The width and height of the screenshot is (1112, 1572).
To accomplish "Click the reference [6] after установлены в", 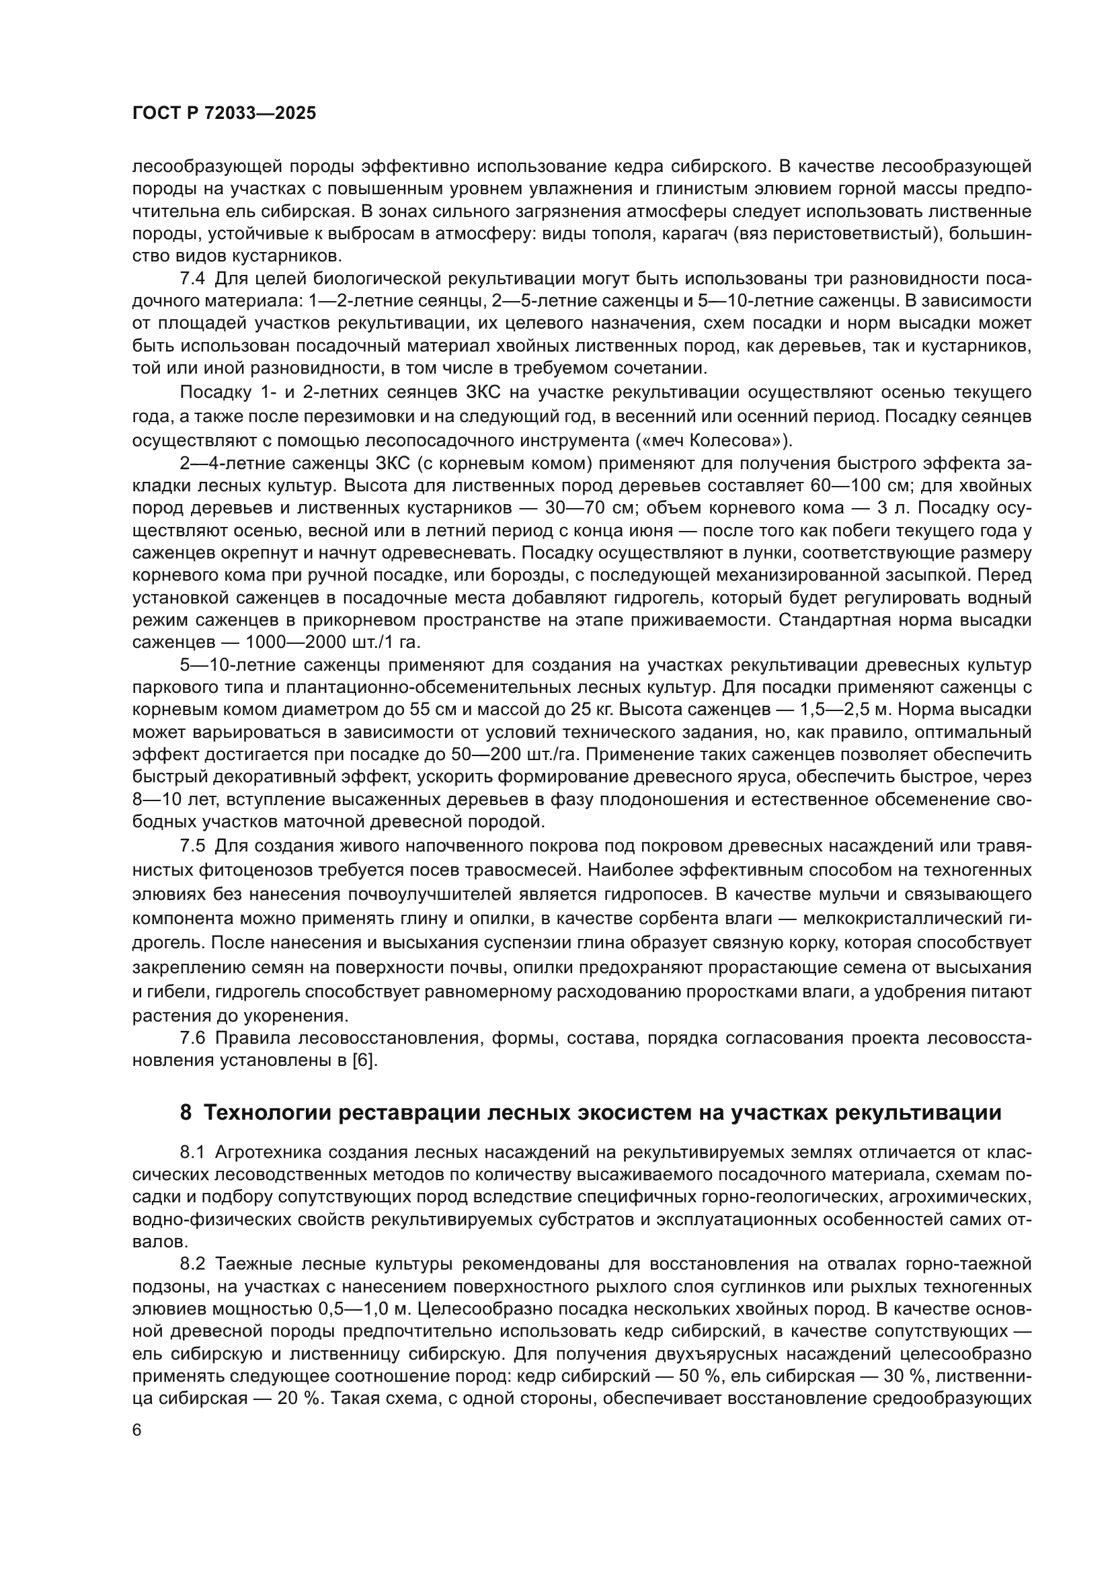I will click(363, 1061).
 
